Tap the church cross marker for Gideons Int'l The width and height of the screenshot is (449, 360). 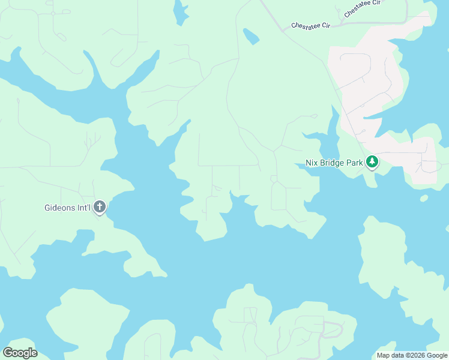100,208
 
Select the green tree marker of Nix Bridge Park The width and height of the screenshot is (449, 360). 372,162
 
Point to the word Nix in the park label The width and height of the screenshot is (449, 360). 311,163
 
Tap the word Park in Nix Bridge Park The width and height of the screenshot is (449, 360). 355,163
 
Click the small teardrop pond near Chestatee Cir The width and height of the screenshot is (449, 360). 250,37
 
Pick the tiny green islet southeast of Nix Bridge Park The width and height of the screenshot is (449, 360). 424,198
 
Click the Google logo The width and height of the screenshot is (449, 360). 20,353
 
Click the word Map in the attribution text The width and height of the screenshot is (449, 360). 383,355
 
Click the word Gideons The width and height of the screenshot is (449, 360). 59,209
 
